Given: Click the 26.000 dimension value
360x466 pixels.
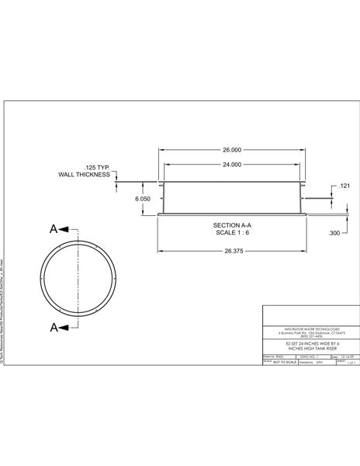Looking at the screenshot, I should point(231,149).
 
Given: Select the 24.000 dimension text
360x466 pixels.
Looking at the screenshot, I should point(231,165).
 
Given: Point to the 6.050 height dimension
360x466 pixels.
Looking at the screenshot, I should point(142,199).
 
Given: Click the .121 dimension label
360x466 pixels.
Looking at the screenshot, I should point(345,186).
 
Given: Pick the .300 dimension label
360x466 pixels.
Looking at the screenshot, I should point(334,232).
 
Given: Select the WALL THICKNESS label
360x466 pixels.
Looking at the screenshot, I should point(85,176).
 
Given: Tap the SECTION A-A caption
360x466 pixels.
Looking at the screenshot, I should point(231,224).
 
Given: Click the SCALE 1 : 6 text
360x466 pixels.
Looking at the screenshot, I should point(231,232).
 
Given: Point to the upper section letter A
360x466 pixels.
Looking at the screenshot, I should point(54,229).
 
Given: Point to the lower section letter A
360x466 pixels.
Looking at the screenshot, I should point(54,327).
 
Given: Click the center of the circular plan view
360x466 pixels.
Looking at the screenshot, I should point(78,279).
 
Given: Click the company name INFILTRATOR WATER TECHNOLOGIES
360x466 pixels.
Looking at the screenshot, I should point(309,329).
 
